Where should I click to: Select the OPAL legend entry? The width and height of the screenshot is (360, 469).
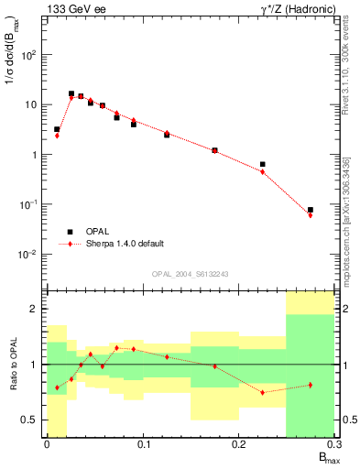click(97, 232)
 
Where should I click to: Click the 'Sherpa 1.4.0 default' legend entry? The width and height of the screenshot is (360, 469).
click(125, 244)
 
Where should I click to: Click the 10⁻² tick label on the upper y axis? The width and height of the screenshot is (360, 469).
click(32, 255)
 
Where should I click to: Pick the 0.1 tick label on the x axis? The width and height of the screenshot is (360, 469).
click(143, 444)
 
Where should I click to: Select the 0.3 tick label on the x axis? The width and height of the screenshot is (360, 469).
click(333, 444)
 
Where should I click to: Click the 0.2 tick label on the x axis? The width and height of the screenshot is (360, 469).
click(239, 444)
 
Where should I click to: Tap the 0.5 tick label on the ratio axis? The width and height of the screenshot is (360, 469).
click(29, 420)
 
